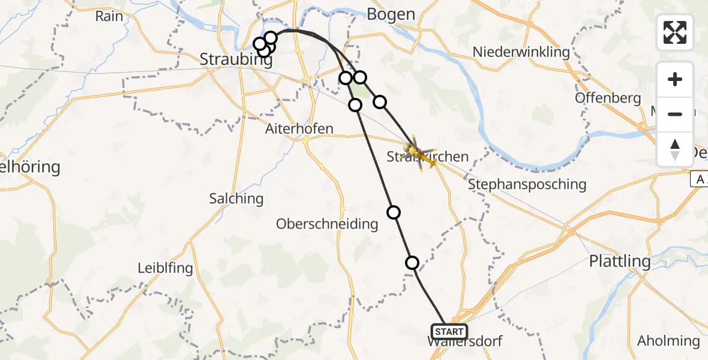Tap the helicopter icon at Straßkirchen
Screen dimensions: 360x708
click(419, 153)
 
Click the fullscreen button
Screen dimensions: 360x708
click(675, 32)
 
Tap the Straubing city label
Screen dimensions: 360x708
click(234, 59)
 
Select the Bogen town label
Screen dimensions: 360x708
click(391, 14)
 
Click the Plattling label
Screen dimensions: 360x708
click(620, 261)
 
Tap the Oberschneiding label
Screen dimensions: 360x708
click(327, 224)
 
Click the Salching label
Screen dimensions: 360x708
click(236, 198)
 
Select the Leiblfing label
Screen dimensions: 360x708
click(166, 268)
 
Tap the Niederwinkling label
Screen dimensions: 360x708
click(521, 52)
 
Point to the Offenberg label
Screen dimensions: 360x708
click(608, 98)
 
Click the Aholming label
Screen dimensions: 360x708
click(668, 341)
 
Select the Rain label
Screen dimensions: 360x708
click(109, 16)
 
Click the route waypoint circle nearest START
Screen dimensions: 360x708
click(412, 262)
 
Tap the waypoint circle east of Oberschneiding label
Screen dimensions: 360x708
click(394, 212)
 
